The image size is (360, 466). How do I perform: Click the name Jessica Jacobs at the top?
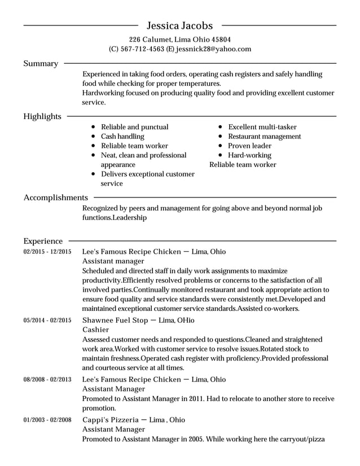(x=179, y=25)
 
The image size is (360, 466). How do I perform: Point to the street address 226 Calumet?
(x=150, y=39)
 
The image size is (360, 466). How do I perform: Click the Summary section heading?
(x=41, y=64)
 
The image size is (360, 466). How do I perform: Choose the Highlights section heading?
(x=42, y=116)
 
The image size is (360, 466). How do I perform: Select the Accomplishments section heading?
(x=55, y=197)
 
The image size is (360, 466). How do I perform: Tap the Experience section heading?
(x=43, y=241)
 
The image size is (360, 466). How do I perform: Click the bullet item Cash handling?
(x=122, y=137)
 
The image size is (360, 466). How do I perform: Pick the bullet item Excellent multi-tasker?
(x=262, y=127)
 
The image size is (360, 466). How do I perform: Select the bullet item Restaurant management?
(x=264, y=137)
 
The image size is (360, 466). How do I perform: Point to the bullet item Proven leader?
(x=249, y=146)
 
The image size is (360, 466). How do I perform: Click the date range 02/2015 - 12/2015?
(x=47, y=252)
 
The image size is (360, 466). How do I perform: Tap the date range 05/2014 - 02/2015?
(x=47, y=320)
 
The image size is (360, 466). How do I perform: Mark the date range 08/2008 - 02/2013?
(x=47, y=380)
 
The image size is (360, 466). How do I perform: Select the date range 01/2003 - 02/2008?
(x=47, y=420)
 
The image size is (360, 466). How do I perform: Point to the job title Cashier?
(x=96, y=329)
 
